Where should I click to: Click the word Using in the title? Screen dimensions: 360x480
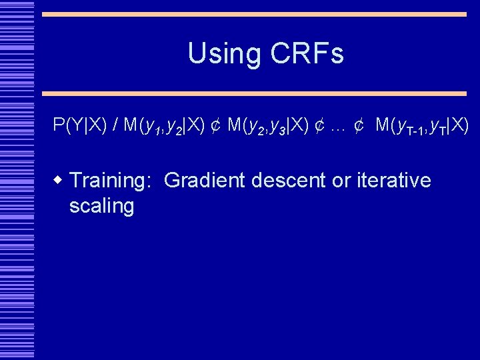[x=221, y=54]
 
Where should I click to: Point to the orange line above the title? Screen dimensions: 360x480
[x=254, y=14]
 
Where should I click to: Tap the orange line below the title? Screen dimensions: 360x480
[x=254, y=94]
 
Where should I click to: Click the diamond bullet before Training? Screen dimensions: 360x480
[x=59, y=180]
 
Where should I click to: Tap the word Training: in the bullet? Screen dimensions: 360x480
[x=112, y=181]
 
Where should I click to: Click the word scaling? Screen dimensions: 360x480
[x=101, y=206]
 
